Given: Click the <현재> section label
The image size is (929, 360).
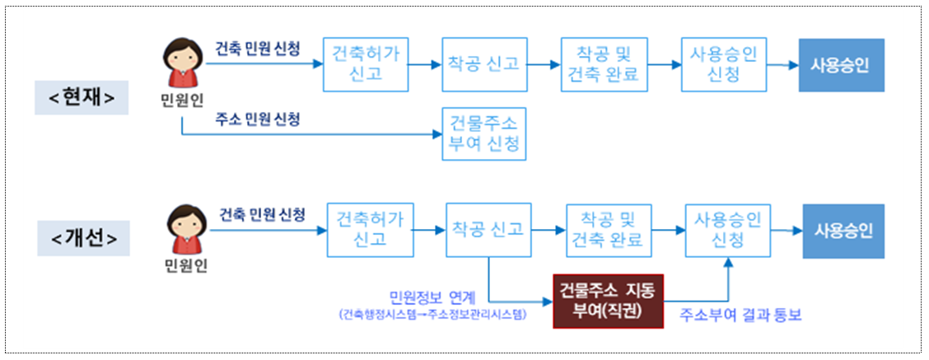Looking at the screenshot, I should (x=82, y=98).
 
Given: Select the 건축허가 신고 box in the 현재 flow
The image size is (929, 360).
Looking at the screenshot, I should (x=365, y=64).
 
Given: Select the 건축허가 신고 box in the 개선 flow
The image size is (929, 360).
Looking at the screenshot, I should (x=370, y=229).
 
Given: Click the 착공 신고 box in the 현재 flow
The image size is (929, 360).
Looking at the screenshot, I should (x=483, y=64).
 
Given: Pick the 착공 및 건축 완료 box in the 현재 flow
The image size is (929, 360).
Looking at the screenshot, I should (x=602, y=64).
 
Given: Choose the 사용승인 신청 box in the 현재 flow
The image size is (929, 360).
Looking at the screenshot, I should (x=724, y=64).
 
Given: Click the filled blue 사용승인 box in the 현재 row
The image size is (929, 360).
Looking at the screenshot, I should (x=841, y=64).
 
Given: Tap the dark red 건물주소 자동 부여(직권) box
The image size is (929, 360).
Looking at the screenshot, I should (x=608, y=302).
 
